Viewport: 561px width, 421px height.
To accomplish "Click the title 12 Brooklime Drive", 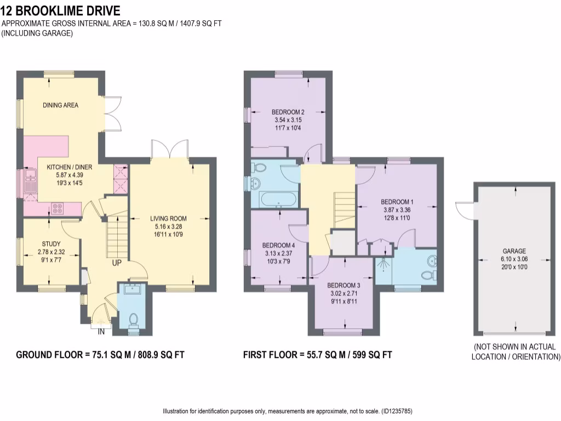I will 61,10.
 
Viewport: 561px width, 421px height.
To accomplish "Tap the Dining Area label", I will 60,105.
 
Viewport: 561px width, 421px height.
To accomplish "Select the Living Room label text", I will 168,219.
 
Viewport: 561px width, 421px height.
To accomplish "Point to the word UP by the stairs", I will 117,263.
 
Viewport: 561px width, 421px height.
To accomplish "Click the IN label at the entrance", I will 101,332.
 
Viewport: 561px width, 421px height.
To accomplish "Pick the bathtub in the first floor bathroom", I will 279,198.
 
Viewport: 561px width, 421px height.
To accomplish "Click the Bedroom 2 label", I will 288,112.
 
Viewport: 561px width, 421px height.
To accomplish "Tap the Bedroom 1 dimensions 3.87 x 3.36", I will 397,209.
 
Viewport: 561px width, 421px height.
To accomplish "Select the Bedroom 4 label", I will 278,245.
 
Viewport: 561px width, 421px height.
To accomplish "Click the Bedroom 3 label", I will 344,286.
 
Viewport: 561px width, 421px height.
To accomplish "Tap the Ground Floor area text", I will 100,355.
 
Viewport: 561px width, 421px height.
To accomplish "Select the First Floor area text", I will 318,355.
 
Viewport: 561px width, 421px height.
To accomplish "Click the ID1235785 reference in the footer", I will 401,411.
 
